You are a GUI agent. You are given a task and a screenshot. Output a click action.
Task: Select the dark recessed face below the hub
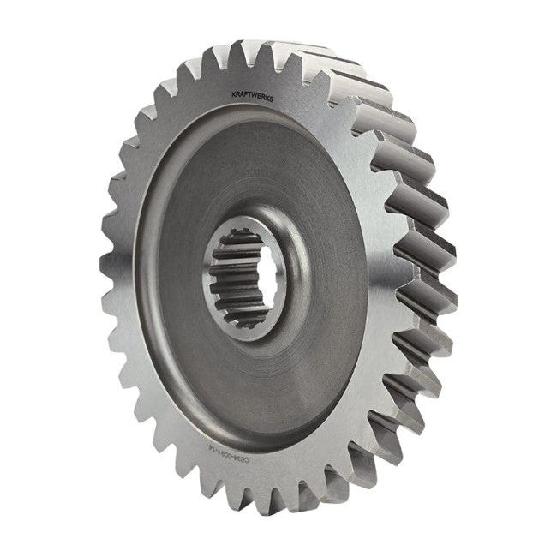[257, 386]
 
